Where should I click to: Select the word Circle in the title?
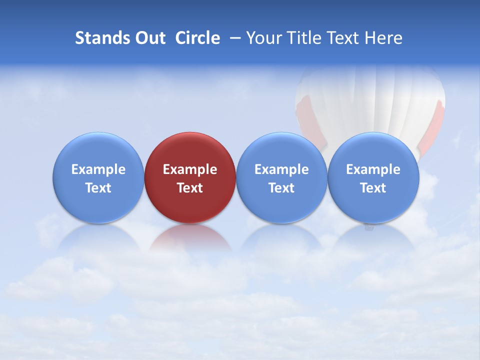click(197, 38)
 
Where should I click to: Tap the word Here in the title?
click(383, 38)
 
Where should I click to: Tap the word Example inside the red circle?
click(190, 169)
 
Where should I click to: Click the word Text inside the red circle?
click(190, 188)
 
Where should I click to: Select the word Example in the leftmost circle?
click(98, 169)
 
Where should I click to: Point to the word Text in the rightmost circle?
click(373, 188)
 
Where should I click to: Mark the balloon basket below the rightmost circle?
click(369, 227)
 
